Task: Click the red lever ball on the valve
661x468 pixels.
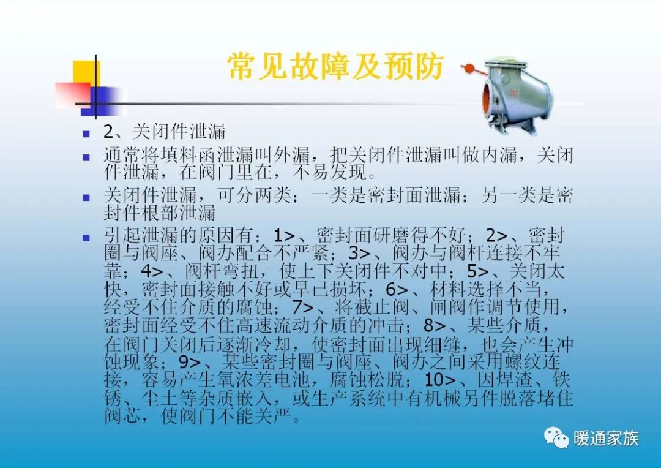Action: (x=469, y=68)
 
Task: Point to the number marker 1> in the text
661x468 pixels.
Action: (x=285, y=236)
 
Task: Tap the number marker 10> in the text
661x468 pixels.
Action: (x=440, y=378)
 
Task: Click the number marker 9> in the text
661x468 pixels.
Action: (x=190, y=360)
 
